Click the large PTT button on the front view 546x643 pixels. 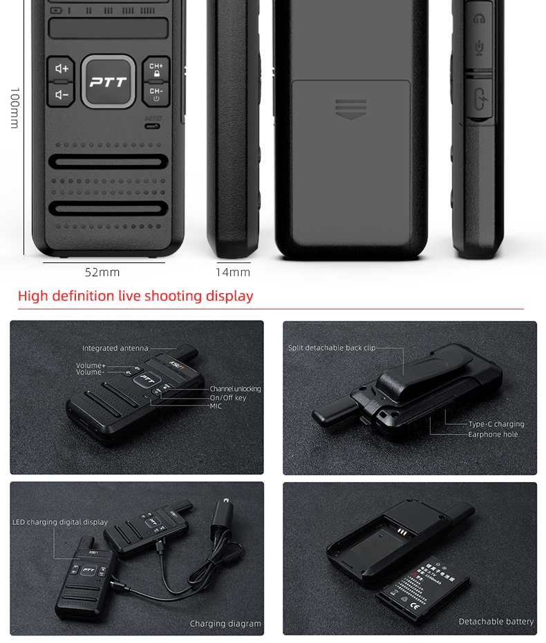click(x=109, y=81)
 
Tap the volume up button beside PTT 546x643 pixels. click(x=62, y=68)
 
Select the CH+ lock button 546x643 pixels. click(x=156, y=69)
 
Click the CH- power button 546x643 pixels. click(x=156, y=94)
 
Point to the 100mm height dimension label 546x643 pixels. click(x=14, y=107)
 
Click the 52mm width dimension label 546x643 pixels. click(x=102, y=272)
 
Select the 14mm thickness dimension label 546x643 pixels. click(x=233, y=272)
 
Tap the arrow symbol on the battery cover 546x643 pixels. click(x=350, y=109)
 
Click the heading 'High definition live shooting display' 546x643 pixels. click(x=135, y=296)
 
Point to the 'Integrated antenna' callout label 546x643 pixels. click(x=115, y=348)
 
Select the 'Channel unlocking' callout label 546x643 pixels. click(x=235, y=389)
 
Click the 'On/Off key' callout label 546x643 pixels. click(x=228, y=398)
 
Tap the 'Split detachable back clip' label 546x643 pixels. click(x=332, y=348)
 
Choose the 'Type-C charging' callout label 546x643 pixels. click(x=496, y=424)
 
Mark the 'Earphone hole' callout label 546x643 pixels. click(x=493, y=434)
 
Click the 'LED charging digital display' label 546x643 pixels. click(x=60, y=522)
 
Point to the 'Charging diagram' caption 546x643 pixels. click(x=225, y=624)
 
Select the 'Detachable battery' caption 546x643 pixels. click(x=496, y=622)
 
